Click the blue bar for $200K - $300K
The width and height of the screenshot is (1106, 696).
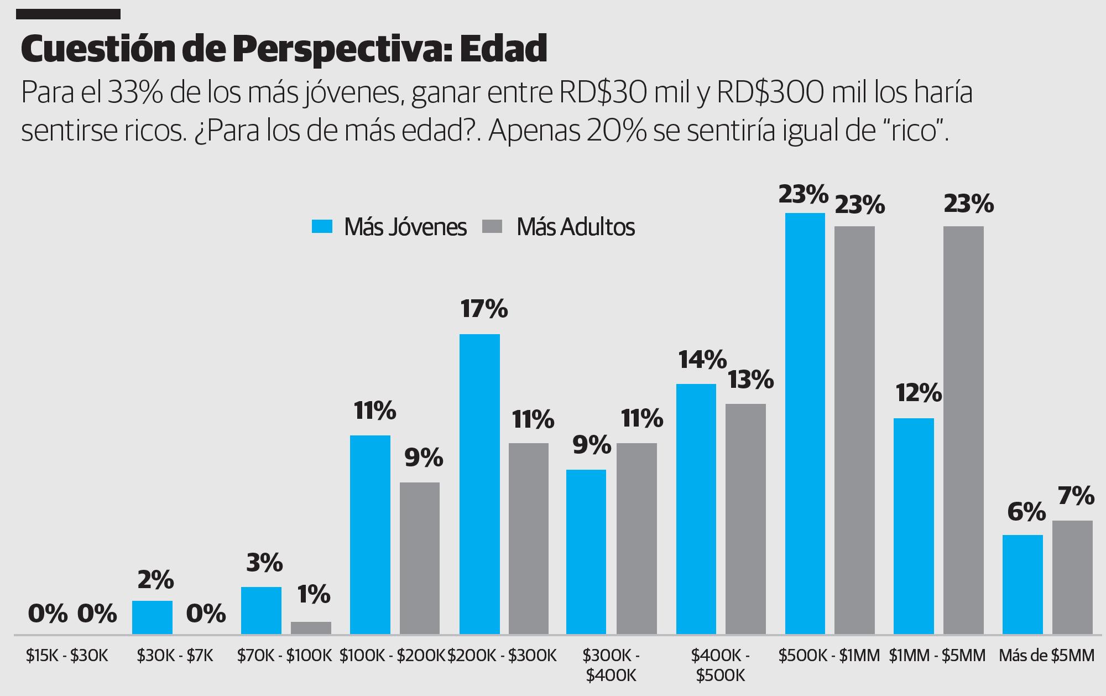tap(479, 484)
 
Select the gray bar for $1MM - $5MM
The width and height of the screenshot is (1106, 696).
tap(963, 430)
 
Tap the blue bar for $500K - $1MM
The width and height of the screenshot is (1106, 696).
tap(805, 423)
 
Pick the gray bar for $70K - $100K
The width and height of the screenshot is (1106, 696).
tap(311, 627)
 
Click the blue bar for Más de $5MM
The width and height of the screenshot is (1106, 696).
tap(1022, 584)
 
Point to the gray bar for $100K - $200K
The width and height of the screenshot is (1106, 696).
tap(420, 558)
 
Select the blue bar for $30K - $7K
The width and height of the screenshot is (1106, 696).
tap(152, 617)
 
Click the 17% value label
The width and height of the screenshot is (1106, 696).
tap(484, 309)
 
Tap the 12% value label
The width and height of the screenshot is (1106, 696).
tap(919, 393)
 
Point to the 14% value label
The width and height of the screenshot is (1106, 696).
tap(702, 360)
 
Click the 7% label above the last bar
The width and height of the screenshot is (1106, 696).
tap(1076, 495)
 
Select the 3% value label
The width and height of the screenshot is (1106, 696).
tap(264, 563)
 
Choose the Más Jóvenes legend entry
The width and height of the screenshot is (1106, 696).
tap(389, 227)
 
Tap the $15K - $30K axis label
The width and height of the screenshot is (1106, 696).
tap(67, 656)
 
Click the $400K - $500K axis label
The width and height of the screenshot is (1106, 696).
tap(721, 665)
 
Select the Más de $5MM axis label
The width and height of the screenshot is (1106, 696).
tap(1046, 656)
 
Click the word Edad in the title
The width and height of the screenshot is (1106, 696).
tap(503, 49)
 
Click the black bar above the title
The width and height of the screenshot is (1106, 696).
tap(68, 14)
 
